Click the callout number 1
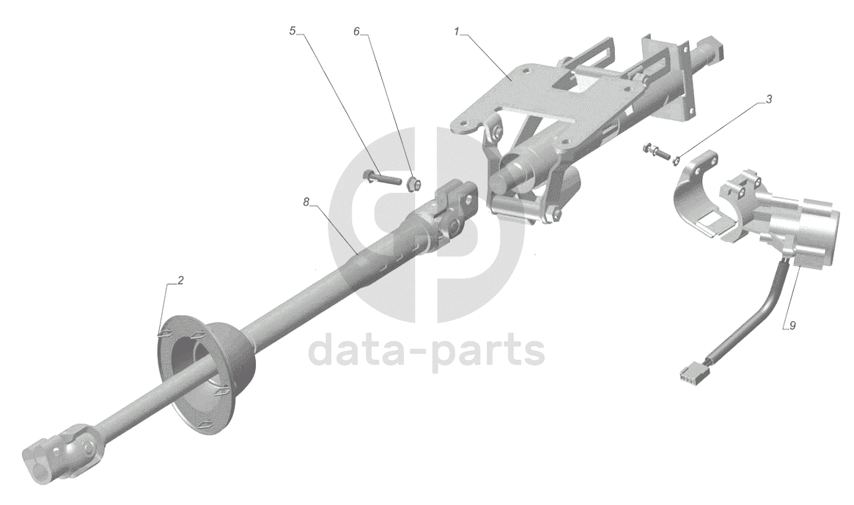tap(456, 32)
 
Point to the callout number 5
tap(292, 32)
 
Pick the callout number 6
tap(357, 32)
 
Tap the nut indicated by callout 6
tap(413, 182)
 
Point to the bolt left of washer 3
tap(655, 152)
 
